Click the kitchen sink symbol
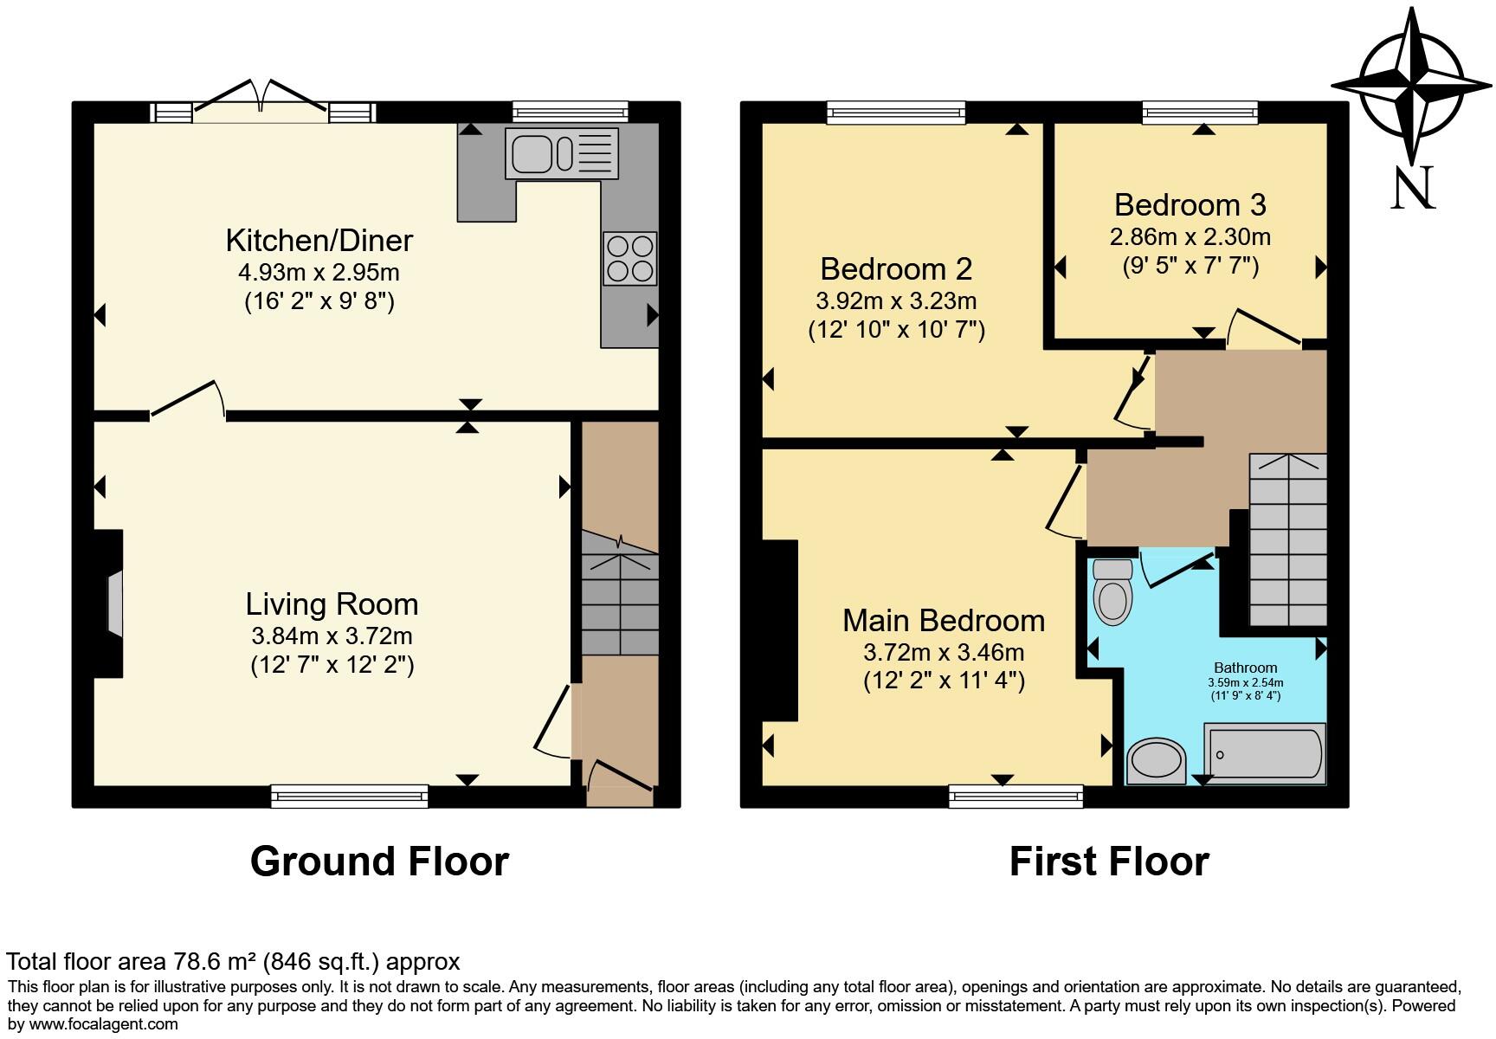[x=563, y=153]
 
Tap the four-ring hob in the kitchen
[x=629, y=258]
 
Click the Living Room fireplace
[x=111, y=603]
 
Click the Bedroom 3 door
[x=1265, y=328]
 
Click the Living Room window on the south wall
[x=349, y=796]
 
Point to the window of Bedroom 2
[x=895, y=112]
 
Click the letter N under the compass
[x=1412, y=188]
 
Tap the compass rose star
[x=1412, y=85]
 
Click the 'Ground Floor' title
[x=379, y=862]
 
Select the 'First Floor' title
[x=1109, y=862]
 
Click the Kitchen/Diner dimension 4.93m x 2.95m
[x=319, y=272]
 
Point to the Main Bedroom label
[x=944, y=621]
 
